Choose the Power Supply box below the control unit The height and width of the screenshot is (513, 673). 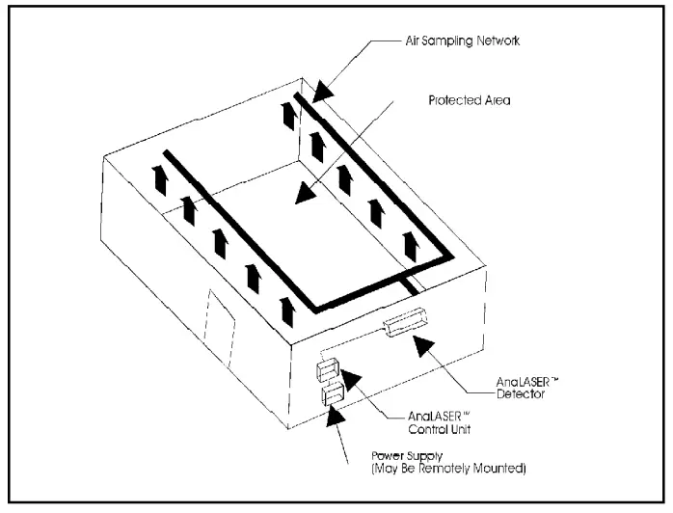(332, 393)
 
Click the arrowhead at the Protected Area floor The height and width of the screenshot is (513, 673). (306, 193)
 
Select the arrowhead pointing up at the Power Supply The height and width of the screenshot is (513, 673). (335, 416)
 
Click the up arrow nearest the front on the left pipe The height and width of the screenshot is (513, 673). (286, 311)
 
